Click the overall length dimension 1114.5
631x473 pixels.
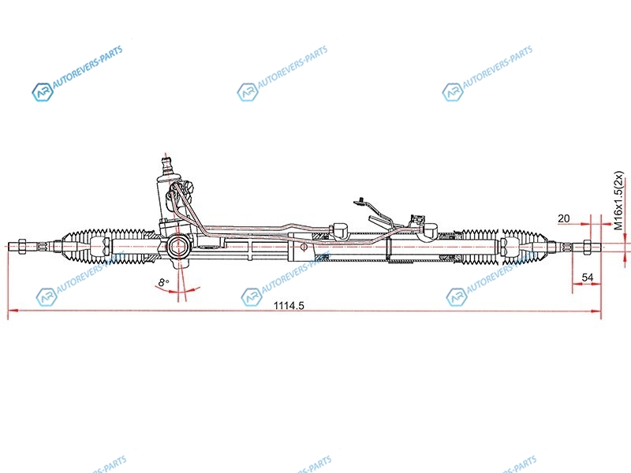(x=289, y=306)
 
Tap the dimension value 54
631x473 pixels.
(x=588, y=277)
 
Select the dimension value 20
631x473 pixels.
(x=564, y=218)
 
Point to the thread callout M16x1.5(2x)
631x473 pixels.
(x=618, y=200)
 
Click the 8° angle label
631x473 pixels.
(x=163, y=282)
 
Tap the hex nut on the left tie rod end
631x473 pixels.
(x=23, y=246)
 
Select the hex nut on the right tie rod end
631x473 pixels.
(x=586, y=246)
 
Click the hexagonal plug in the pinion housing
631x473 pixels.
(x=177, y=246)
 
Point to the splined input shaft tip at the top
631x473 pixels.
(x=166, y=163)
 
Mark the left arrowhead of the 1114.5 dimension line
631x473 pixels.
(x=13, y=311)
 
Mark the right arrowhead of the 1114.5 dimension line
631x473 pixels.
(x=596, y=311)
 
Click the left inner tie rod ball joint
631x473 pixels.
(x=100, y=246)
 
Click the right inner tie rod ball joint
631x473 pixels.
(x=509, y=246)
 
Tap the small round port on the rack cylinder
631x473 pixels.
(x=304, y=247)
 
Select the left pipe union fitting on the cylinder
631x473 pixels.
(x=340, y=230)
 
